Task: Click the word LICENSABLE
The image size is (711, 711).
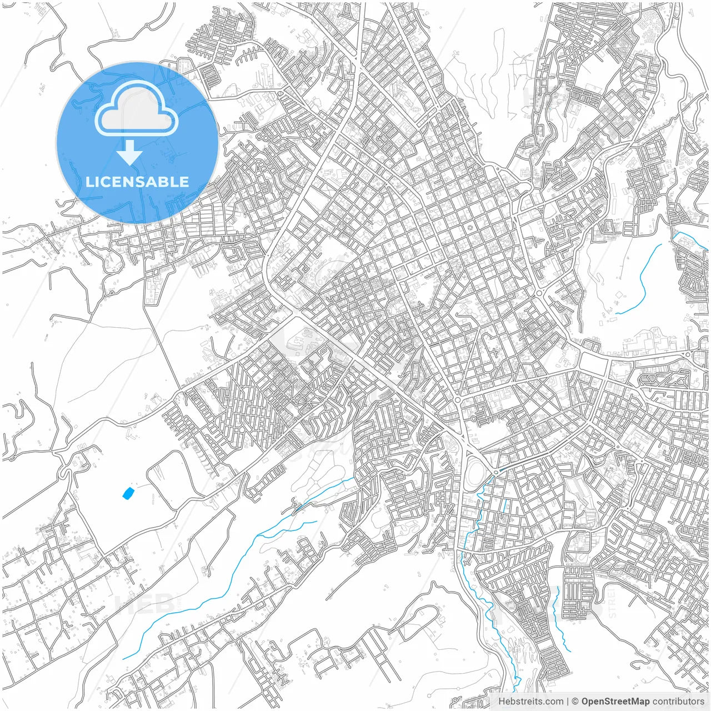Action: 137,182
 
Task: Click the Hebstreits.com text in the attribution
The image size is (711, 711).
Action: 530,702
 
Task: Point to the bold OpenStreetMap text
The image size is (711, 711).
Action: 615,702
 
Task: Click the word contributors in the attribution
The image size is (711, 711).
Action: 678,702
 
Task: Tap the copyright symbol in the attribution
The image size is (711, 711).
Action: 575,702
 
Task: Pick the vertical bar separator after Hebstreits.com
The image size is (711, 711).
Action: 568,702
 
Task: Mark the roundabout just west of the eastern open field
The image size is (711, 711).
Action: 539,293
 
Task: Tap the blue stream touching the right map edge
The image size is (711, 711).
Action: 692,239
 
